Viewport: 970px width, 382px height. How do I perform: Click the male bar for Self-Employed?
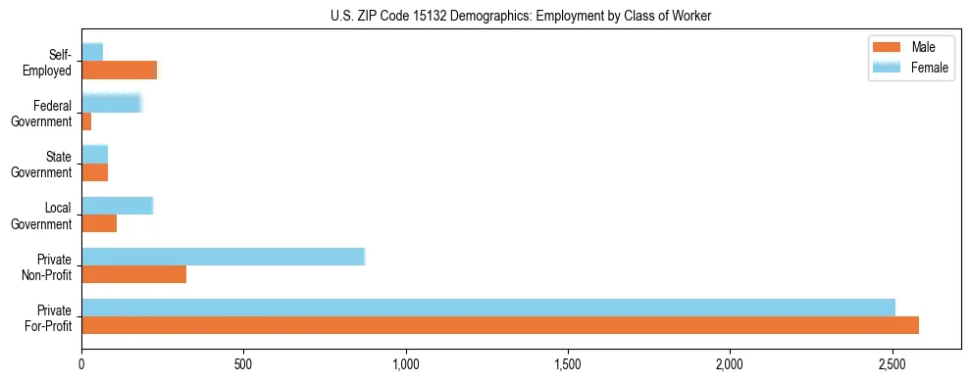point(119,71)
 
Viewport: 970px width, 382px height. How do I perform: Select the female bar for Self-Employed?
point(92,52)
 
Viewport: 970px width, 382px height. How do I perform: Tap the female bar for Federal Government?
point(112,103)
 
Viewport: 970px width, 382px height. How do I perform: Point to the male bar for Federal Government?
point(86,121)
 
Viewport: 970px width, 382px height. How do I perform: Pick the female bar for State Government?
point(94,154)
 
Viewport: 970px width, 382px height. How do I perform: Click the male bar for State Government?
point(94,172)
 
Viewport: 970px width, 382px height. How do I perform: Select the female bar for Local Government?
point(117,206)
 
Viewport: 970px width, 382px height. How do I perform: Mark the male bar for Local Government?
point(99,223)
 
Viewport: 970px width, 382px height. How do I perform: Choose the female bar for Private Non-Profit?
point(223,257)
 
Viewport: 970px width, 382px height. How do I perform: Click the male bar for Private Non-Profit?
point(133,274)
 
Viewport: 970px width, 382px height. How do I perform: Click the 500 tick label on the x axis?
point(243,365)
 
